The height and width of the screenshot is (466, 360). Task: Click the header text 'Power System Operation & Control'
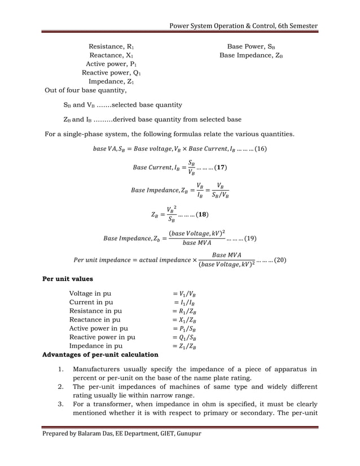(x=222, y=26)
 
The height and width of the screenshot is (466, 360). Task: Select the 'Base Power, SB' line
(x=251, y=46)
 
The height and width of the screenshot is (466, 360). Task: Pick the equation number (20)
(x=278, y=260)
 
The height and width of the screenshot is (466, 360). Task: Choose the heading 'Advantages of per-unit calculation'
(x=100, y=354)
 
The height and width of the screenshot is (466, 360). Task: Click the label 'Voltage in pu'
(x=90, y=293)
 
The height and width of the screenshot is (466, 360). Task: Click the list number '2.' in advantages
(x=61, y=387)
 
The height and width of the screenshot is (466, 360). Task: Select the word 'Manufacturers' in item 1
(x=101, y=370)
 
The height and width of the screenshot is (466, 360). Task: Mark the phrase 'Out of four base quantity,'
(x=86, y=90)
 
